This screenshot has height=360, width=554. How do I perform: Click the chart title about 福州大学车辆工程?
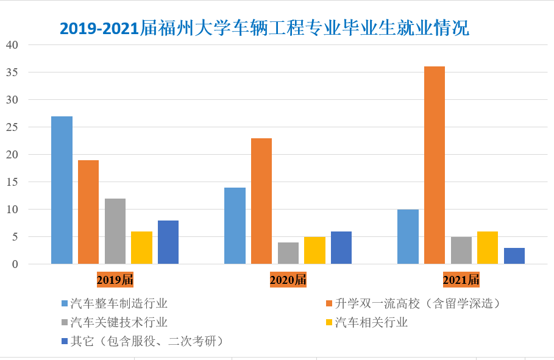(x=265, y=28)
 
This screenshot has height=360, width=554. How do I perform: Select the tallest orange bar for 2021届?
(x=435, y=165)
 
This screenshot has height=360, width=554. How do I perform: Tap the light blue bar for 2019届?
(x=62, y=190)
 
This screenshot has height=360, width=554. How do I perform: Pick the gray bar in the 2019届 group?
(x=115, y=231)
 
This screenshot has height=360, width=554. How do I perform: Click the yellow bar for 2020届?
(x=314, y=250)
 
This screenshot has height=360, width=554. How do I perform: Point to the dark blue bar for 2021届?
(x=514, y=256)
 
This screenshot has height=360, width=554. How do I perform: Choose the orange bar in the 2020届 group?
(x=261, y=201)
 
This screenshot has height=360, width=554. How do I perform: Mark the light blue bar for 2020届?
(x=235, y=226)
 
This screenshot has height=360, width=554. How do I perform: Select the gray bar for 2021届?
(x=461, y=250)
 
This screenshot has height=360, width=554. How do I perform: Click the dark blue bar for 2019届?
(x=168, y=242)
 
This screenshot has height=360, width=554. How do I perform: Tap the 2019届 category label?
(x=115, y=280)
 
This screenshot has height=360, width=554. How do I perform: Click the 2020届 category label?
(x=288, y=280)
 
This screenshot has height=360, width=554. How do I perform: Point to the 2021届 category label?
(x=461, y=280)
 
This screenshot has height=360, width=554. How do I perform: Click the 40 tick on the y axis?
(x=12, y=45)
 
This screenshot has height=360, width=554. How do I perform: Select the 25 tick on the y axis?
(x=12, y=127)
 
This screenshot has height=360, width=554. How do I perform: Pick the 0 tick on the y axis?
(x=15, y=264)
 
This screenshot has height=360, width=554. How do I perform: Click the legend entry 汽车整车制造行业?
(x=118, y=303)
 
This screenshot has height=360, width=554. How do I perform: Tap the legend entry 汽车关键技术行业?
(x=118, y=322)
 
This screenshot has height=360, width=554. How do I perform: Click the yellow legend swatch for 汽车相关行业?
(x=330, y=322)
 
